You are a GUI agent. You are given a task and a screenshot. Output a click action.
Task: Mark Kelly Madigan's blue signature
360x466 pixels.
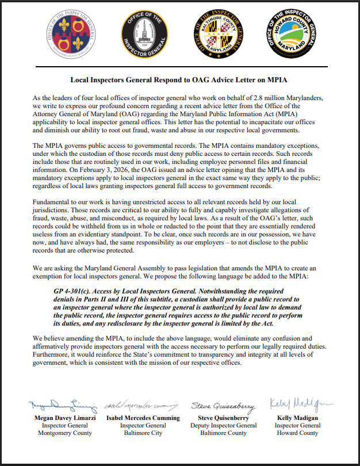(296, 403)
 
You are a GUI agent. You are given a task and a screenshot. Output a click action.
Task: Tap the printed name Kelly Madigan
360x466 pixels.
(297, 418)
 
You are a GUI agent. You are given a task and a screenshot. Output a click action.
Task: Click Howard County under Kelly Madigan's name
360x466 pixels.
(297, 433)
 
